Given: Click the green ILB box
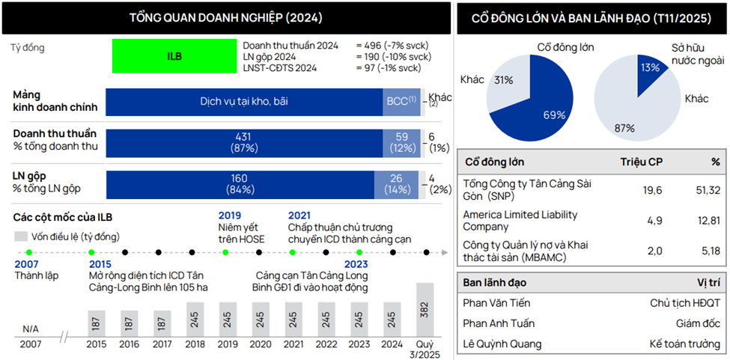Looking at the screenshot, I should pos(174,56).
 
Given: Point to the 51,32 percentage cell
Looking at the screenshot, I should pos(707,190).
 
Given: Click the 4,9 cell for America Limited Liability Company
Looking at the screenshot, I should pos(654,220).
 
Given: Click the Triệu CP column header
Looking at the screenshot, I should pos(641,162).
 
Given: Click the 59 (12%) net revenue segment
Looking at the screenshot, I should pos(402,142).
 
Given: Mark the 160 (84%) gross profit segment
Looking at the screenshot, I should pos(244,183).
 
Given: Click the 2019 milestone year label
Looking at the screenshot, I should pos(230,216).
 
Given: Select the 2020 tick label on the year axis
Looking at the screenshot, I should pos(261,344).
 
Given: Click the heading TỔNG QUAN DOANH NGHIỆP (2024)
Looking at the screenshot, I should pos(227,17).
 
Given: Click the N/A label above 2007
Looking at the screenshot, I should pos(31,329).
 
